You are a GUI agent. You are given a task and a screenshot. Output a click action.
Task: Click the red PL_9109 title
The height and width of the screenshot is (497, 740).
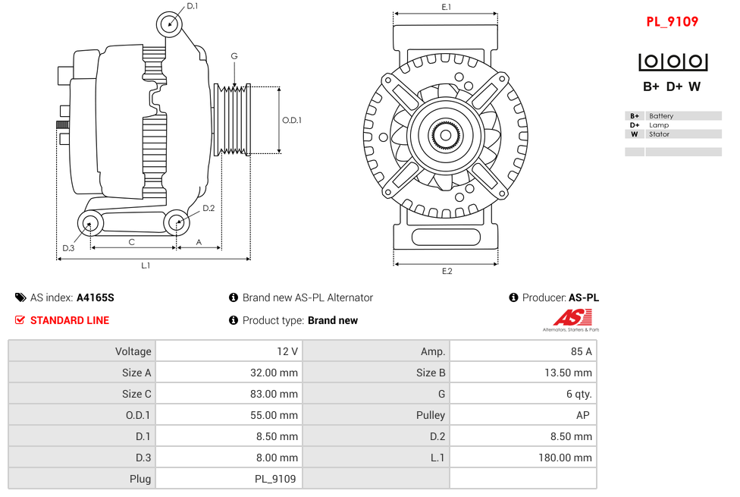672,22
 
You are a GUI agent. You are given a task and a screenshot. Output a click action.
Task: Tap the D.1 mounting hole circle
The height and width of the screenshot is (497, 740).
170,24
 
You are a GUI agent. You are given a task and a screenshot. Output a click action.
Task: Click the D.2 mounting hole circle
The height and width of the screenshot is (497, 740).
177,222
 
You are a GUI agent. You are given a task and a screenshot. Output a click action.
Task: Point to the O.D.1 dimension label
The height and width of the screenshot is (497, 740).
292,120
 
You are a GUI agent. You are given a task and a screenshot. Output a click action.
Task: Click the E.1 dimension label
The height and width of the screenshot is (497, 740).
446,7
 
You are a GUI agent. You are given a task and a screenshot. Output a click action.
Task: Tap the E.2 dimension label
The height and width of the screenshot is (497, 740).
446,271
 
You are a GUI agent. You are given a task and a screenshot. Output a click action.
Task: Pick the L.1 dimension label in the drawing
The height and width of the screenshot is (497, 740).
146,266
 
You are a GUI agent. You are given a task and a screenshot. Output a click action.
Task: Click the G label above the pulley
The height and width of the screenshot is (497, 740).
234,56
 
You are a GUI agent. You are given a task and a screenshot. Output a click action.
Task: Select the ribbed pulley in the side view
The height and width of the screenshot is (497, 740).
233,120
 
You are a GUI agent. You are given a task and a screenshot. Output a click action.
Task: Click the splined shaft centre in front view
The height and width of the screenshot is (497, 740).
446,136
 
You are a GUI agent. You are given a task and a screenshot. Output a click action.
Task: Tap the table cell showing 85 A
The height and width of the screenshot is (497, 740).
523,351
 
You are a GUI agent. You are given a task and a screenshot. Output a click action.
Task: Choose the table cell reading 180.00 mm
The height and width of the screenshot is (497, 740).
523,458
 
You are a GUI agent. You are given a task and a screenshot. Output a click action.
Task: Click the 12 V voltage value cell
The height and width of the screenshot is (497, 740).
228,351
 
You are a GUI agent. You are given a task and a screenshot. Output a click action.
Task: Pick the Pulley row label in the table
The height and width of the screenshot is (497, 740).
376,415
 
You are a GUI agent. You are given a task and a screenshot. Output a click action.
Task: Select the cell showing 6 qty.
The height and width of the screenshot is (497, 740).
523,394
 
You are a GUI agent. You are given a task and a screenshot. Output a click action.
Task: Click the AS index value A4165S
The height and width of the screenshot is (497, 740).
96,297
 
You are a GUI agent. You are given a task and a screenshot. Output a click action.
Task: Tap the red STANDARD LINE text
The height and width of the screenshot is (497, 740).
70,320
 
